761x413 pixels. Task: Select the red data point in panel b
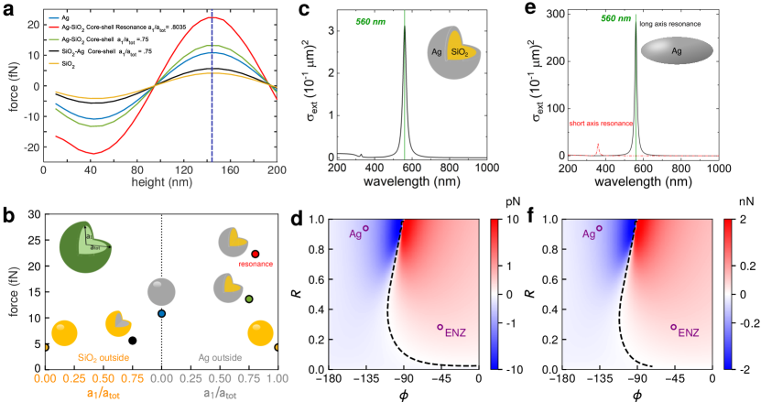click(255, 254)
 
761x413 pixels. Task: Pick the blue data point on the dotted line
click(161, 314)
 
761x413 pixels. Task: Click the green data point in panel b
click(249, 299)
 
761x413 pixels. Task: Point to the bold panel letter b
click(8, 217)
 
